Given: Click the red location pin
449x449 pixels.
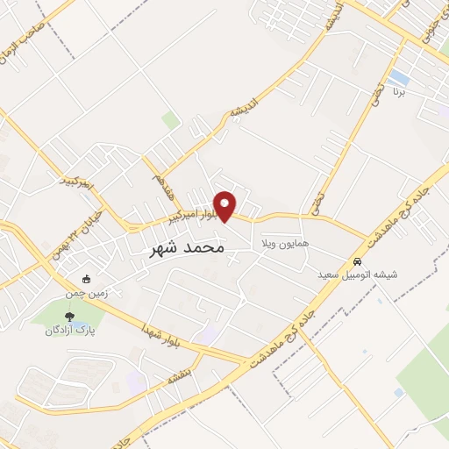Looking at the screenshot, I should point(225,205).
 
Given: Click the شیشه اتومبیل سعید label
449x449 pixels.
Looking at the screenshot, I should point(358,274).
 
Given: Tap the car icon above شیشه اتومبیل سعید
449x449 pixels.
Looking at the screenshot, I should point(358,261).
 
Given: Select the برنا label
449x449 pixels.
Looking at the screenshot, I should point(399,90).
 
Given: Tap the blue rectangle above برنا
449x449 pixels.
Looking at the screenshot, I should point(399,76).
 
